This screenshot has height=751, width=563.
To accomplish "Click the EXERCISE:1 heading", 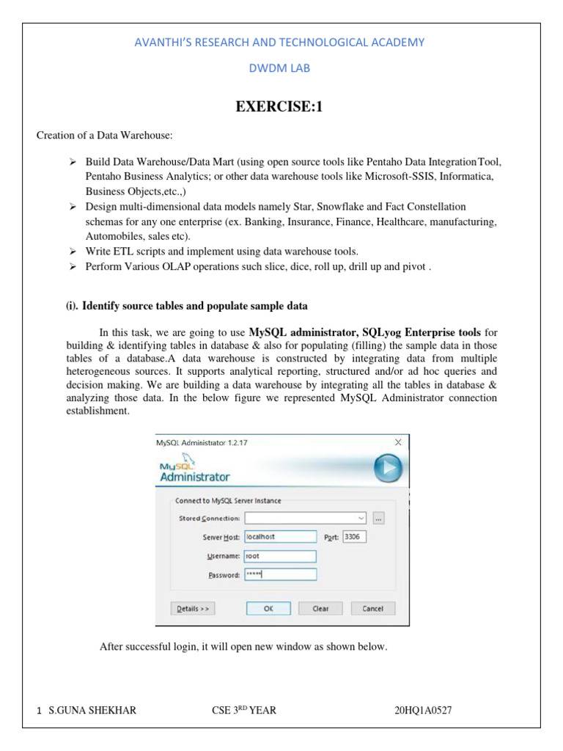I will point(279,108).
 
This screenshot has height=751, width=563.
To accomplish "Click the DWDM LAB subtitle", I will point(278,67).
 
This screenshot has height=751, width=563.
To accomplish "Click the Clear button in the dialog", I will point(320,608).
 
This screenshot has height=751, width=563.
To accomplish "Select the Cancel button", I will point(372,608).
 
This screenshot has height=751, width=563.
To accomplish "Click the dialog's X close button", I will point(398,442).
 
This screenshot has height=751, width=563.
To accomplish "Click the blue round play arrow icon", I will point(388,467).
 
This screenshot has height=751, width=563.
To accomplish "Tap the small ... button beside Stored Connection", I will point(378,518).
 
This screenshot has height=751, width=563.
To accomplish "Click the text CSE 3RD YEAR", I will point(242,710).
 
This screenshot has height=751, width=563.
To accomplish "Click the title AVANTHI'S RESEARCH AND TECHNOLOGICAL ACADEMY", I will point(278,42).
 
